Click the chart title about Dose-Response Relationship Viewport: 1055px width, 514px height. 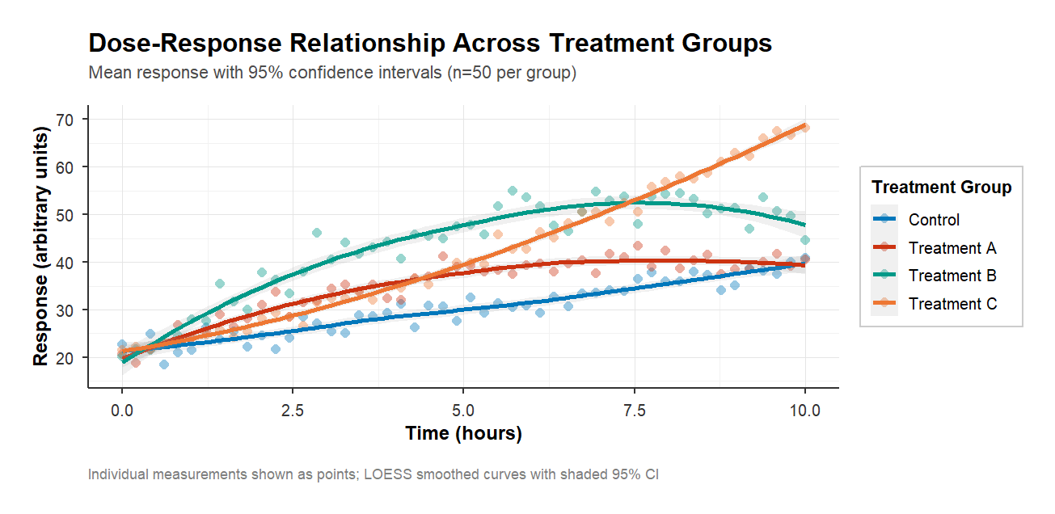tap(429, 44)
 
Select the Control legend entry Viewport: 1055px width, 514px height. tap(934, 219)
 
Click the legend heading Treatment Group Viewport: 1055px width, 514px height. tap(941, 187)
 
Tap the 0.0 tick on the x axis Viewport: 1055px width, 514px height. tap(122, 410)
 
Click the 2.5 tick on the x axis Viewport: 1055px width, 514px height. tap(293, 410)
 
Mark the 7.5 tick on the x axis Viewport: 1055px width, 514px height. tap(634, 410)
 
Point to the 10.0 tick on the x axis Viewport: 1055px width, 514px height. tap(804, 410)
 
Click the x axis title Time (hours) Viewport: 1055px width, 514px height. tap(463, 434)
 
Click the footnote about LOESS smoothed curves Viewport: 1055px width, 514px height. tap(373, 474)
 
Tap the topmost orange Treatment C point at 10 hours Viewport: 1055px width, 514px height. tap(804, 127)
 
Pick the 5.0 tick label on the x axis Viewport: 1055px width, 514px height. tap(463, 410)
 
